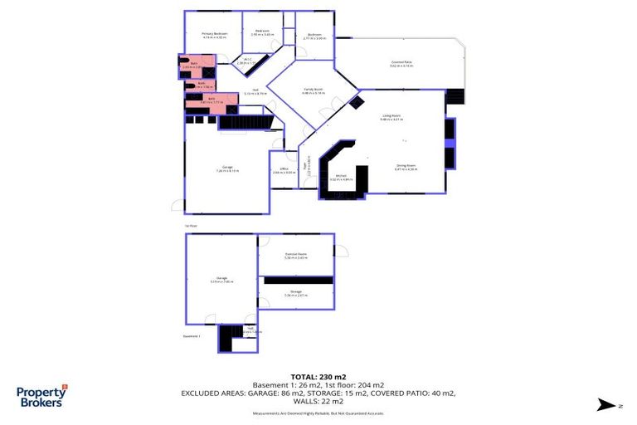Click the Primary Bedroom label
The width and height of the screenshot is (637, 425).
(x=215, y=34)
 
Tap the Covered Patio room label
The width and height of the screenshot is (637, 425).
(x=402, y=62)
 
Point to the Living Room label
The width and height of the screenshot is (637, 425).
(x=391, y=117)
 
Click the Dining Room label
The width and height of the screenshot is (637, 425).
(x=406, y=167)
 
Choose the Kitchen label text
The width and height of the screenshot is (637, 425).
(x=341, y=176)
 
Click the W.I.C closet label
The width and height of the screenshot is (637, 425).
(x=246, y=59)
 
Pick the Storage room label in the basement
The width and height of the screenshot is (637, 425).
(x=296, y=292)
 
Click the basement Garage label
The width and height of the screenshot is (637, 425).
(x=222, y=279)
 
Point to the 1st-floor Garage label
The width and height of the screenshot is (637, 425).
(x=227, y=169)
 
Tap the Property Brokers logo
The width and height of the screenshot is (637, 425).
(x=42, y=395)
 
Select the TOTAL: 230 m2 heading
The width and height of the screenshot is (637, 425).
(x=319, y=375)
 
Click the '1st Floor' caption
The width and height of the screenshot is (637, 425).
(x=191, y=225)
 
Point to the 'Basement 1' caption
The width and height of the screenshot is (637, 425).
(x=192, y=336)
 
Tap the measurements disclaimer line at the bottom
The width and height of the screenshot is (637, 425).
(x=319, y=412)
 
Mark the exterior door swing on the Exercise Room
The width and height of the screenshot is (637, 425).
(x=341, y=249)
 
